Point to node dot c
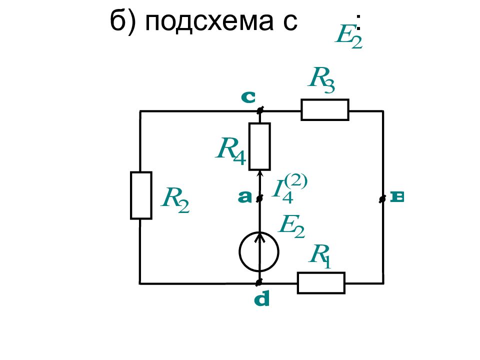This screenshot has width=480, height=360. [x=259, y=110]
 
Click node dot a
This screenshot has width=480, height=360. [x=259, y=198]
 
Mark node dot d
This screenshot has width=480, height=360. [x=259, y=282]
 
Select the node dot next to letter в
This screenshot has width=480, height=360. [x=382, y=199]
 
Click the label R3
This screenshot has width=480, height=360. [x=321, y=79]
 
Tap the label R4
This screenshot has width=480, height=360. [x=231, y=150]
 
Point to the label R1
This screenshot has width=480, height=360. [x=320, y=256]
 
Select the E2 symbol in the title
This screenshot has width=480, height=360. [x=348, y=36]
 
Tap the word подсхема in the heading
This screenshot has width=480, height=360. [x=209, y=21]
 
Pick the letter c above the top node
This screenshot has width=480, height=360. [x=248, y=97]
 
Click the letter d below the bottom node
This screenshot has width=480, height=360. [x=262, y=299]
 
